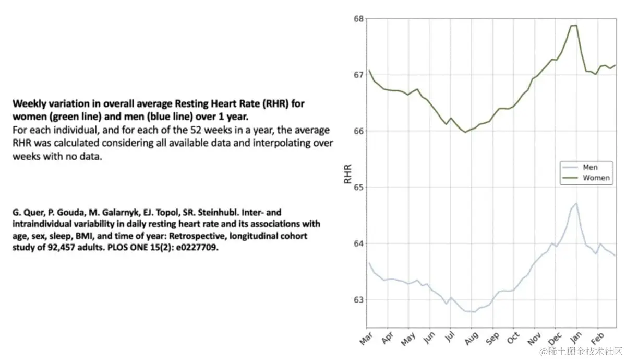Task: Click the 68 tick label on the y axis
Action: (358, 19)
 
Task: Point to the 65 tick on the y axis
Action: (358, 187)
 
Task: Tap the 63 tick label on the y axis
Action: (358, 300)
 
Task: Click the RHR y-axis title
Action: (348, 175)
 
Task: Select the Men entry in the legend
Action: (590, 168)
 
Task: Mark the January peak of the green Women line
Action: (574, 25)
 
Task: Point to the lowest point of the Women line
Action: (465, 132)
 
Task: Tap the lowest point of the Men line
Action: (473, 312)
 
